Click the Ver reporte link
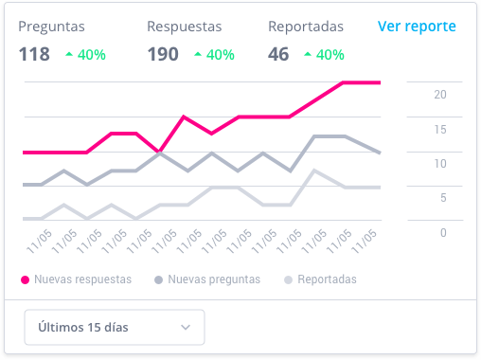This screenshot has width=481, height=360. (x=417, y=27)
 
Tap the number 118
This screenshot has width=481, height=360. (x=34, y=54)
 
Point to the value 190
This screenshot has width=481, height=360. (x=163, y=54)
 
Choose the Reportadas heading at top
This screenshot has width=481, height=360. (x=306, y=27)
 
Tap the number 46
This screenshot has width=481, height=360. (x=278, y=54)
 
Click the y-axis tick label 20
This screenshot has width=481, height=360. (x=440, y=94)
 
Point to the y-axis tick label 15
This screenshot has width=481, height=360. (x=440, y=129)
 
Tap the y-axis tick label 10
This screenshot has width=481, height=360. (x=440, y=163)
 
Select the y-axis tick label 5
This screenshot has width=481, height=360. (x=443, y=198)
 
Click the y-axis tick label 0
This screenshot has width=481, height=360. (x=443, y=232)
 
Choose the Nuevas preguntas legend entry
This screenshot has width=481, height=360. (x=213, y=279)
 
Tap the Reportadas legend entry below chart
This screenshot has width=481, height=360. (x=327, y=279)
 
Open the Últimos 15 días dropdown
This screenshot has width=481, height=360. (x=114, y=328)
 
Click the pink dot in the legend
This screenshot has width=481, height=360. (x=24, y=279)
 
